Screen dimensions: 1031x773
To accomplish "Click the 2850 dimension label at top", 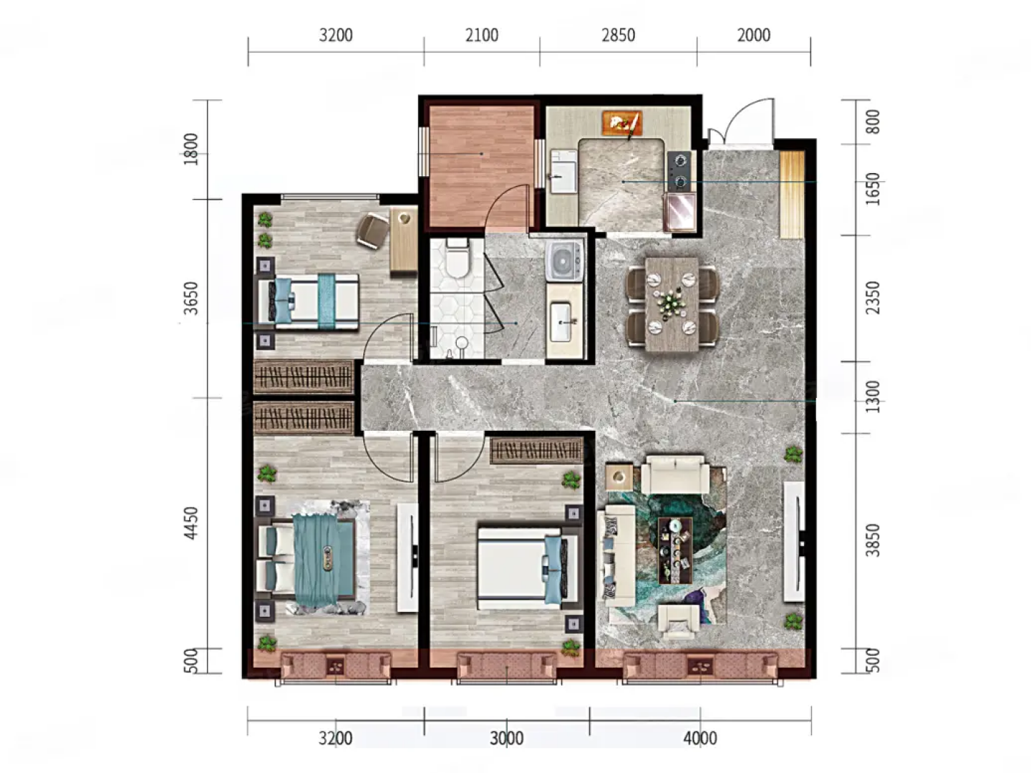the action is (x=618, y=35).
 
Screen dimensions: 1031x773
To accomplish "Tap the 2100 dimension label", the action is (x=481, y=35).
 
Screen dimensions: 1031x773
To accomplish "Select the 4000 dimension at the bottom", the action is (x=700, y=738).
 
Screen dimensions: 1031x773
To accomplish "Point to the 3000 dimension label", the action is (x=506, y=738).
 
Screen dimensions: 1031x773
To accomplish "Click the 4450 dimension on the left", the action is (x=191, y=522).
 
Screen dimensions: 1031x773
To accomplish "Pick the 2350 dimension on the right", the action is (x=872, y=298).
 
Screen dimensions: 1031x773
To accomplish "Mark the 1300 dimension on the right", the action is (x=872, y=397).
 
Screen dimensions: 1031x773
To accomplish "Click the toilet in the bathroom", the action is (x=457, y=258).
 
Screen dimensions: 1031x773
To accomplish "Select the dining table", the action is (x=672, y=303).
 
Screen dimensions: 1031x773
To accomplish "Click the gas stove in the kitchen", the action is (x=679, y=171).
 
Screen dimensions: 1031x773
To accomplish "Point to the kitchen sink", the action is (x=563, y=171).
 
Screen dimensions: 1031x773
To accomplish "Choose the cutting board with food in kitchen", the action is (x=622, y=122).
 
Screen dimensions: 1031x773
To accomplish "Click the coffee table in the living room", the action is (x=675, y=550).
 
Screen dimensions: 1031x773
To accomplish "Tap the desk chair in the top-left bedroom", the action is (x=373, y=230).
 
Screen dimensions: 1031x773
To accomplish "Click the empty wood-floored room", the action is (x=481, y=167).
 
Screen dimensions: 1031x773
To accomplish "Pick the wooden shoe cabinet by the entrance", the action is (x=792, y=195).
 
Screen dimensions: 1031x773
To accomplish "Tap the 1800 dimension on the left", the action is (x=191, y=150).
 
